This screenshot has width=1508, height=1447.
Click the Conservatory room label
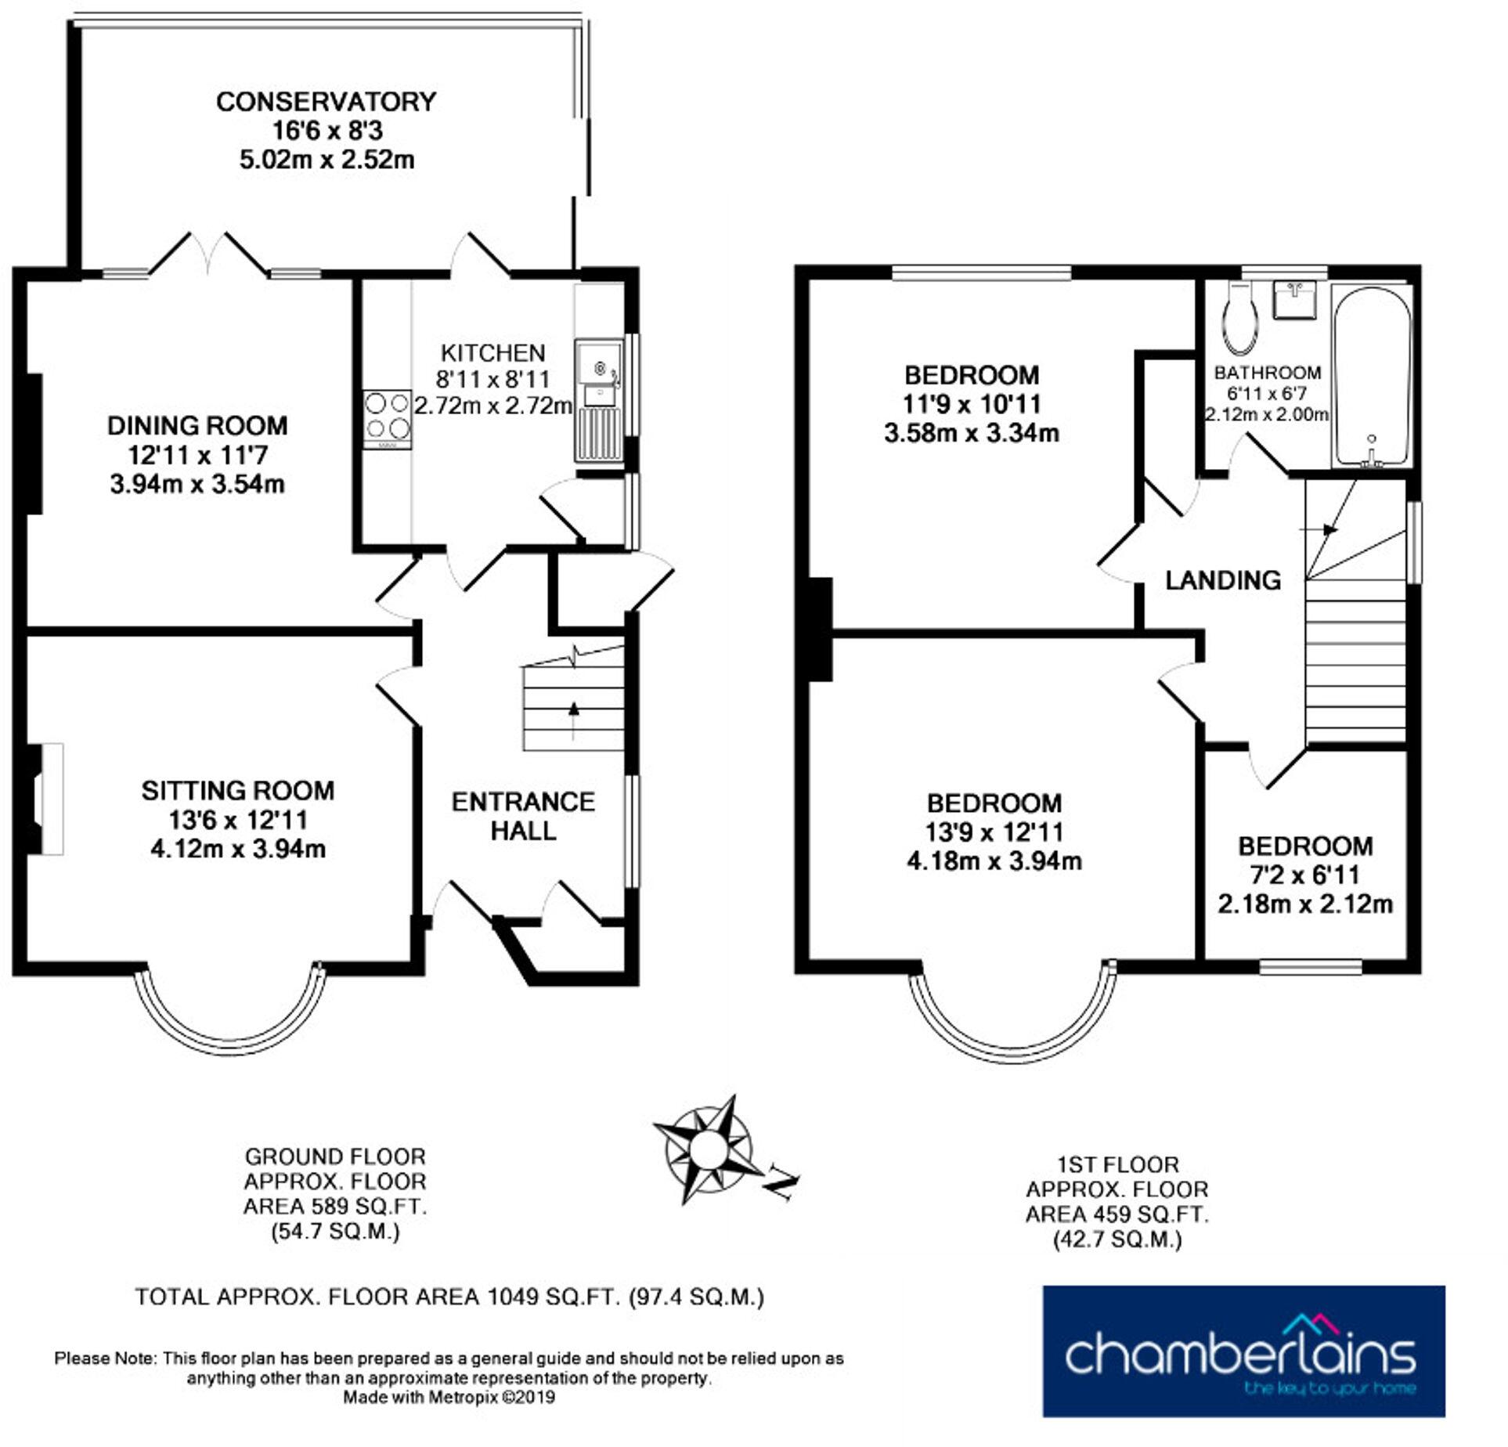click(x=326, y=102)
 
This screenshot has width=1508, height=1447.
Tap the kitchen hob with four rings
click(x=387, y=418)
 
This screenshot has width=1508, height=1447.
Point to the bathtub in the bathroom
click(x=1371, y=376)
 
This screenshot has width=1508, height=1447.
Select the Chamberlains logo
click(x=1243, y=1360)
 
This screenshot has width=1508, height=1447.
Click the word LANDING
click(x=1223, y=580)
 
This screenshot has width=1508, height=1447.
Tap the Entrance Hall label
click(x=523, y=816)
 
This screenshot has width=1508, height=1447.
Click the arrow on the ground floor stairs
click(x=574, y=709)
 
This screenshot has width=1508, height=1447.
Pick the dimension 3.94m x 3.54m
click(x=197, y=484)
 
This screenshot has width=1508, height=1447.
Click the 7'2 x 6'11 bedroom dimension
click(x=1304, y=875)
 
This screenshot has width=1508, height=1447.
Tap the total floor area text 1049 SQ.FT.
click(x=449, y=1297)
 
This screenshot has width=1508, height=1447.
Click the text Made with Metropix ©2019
click(x=449, y=1396)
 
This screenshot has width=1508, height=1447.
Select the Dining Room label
click(x=197, y=426)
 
